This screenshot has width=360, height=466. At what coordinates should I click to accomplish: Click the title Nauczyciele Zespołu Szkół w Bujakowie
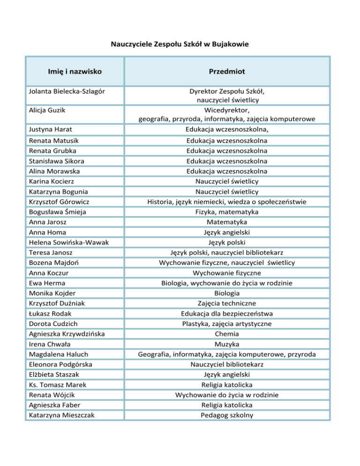point(180,45)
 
